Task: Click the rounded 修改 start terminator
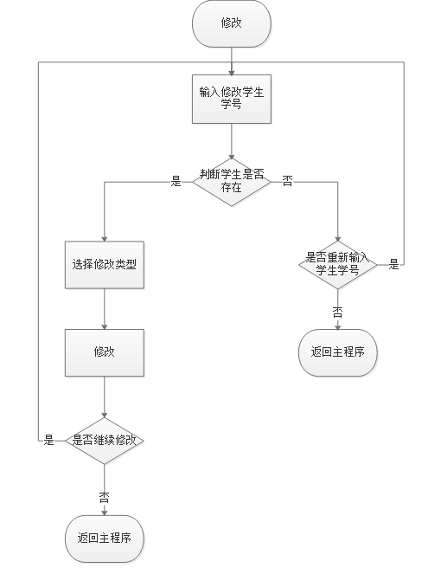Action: (231, 23)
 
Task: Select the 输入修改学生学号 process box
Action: (231, 100)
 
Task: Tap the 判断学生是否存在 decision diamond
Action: (231, 181)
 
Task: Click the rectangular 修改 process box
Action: (105, 352)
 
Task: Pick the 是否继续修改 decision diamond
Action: (105, 441)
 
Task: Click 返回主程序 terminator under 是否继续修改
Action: (105, 538)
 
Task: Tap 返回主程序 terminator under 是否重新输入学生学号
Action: (337, 352)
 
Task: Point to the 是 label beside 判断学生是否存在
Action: (176, 181)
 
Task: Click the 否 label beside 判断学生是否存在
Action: (287, 181)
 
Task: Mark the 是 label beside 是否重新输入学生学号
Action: (393, 264)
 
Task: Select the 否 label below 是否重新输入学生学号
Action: (337, 312)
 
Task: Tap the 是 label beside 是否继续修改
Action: (49, 441)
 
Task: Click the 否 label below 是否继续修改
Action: (105, 497)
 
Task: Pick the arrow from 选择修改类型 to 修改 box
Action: (105, 307)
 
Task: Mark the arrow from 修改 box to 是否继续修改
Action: (105, 398)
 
